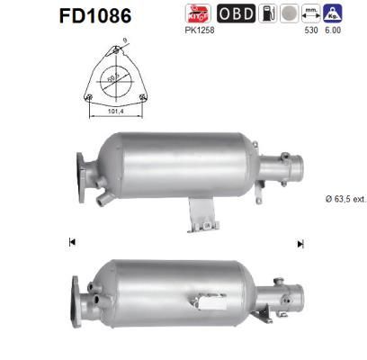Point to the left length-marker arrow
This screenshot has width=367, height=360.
(x=71, y=242)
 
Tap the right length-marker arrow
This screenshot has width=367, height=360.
(x=300, y=242)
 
